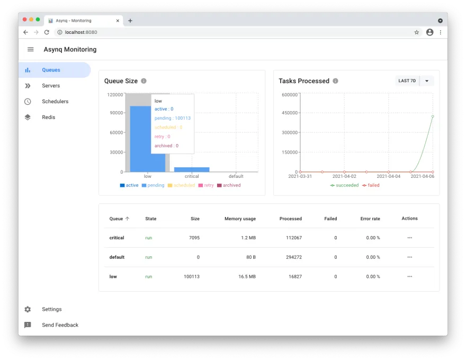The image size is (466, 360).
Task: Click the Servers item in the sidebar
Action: click(51, 86)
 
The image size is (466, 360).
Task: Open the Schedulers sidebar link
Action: click(55, 102)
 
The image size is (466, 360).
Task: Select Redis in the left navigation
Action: click(49, 118)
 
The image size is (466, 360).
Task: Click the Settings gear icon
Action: click(28, 309)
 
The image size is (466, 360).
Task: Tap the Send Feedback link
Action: click(60, 325)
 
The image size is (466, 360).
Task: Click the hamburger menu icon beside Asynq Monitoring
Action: click(31, 49)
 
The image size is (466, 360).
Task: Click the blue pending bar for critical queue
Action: click(192, 169)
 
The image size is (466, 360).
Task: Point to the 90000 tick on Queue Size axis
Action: click(115, 113)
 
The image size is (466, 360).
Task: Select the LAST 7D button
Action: click(407, 81)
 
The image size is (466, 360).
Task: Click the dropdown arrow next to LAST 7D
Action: click(427, 81)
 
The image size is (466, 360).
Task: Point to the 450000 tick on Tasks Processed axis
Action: click(289, 113)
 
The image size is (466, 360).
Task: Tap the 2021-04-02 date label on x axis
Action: click(344, 176)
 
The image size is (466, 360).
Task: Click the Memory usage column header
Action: click(240, 219)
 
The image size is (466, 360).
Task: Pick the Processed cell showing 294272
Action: click(291, 257)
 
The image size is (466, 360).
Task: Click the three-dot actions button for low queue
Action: click(409, 276)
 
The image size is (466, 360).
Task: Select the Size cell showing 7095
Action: click(194, 238)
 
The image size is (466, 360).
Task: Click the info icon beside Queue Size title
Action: click(144, 81)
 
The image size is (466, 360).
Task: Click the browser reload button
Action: click(47, 32)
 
